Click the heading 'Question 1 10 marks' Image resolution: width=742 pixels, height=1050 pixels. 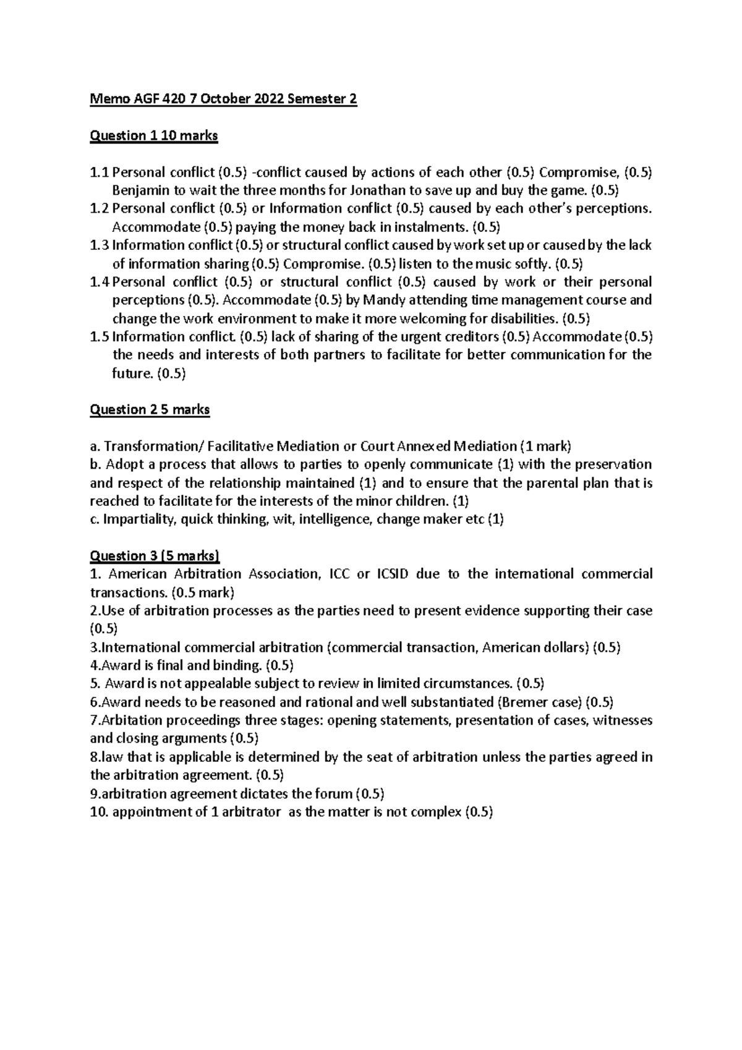click(153, 135)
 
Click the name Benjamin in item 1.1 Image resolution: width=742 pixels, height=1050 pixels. click(139, 190)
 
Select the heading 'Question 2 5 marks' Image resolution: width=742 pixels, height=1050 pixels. click(150, 409)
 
